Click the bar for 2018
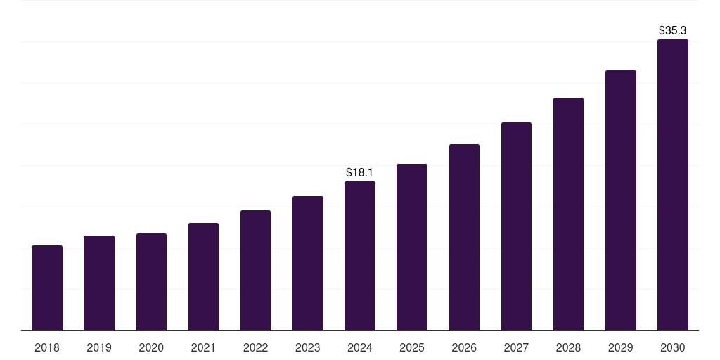47,288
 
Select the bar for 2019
99,283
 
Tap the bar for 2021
203,277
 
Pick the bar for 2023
308,264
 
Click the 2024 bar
360,256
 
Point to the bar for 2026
464,238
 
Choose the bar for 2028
568,214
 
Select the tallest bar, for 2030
673,185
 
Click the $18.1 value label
359,172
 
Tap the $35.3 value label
672,31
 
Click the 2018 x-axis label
47,347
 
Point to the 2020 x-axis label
151,347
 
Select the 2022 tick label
255,347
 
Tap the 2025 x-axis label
412,347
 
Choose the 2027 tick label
516,347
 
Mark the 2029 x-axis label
620,347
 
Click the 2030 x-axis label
673,347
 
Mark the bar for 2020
151,282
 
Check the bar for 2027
516,226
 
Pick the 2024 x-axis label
360,347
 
